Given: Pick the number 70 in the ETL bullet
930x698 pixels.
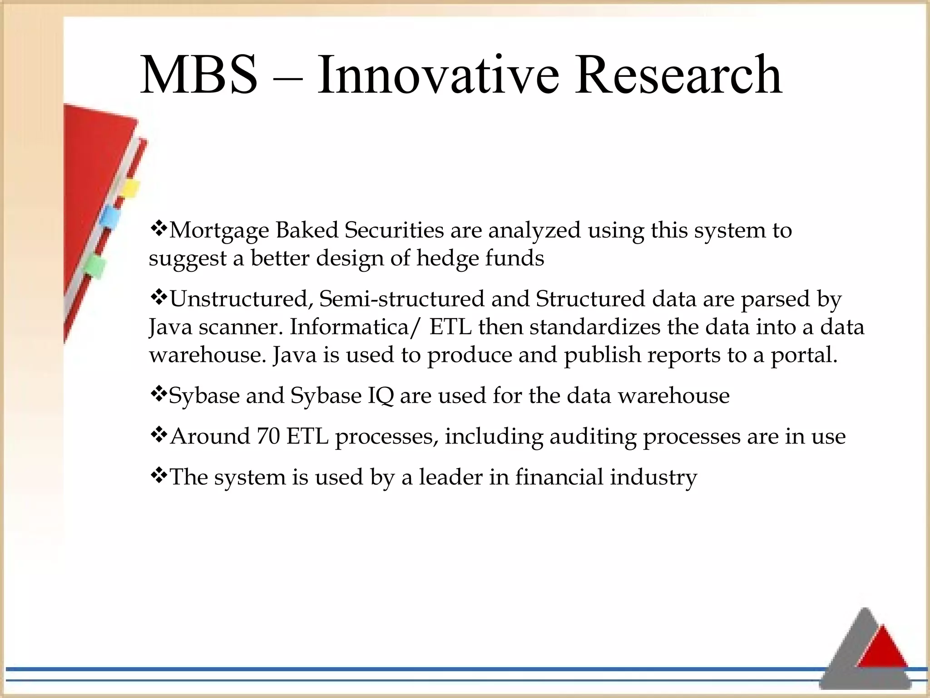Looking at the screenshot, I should (268, 436).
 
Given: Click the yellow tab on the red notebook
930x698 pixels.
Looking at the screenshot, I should (130, 189).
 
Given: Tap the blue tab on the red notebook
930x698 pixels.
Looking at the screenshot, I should (110, 219).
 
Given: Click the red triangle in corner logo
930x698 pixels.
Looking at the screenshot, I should (883, 648).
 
